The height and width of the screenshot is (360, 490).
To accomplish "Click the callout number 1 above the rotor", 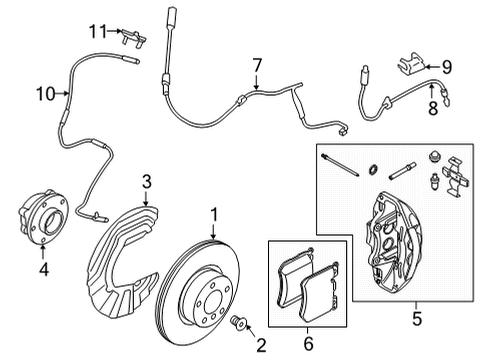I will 213,213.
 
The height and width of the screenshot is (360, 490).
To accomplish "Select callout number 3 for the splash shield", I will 146,181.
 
